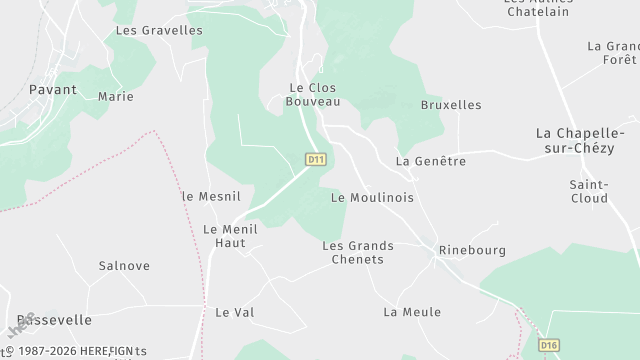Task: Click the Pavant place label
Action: click(x=54, y=89)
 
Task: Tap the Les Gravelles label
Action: click(x=159, y=30)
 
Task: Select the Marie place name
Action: click(x=116, y=97)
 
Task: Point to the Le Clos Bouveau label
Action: click(x=313, y=94)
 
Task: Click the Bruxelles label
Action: click(x=451, y=105)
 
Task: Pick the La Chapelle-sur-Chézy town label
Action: click(x=587, y=140)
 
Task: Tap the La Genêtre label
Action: click(x=431, y=161)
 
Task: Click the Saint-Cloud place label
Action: click(x=588, y=191)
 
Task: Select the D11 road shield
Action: click(x=316, y=159)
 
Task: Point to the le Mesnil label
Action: click(x=206, y=196)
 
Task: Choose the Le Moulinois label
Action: click(x=372, y=198)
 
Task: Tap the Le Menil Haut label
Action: click(x=230, y=235)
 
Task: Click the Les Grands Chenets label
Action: click(x=358, y=252)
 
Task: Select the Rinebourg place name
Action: click(x=472, y=250)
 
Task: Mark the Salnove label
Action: click(x=124, y=266)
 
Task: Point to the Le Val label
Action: click(x=235, y=312)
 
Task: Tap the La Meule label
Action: click(x=412, y=312)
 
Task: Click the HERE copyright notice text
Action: click(x=76, y=351)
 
